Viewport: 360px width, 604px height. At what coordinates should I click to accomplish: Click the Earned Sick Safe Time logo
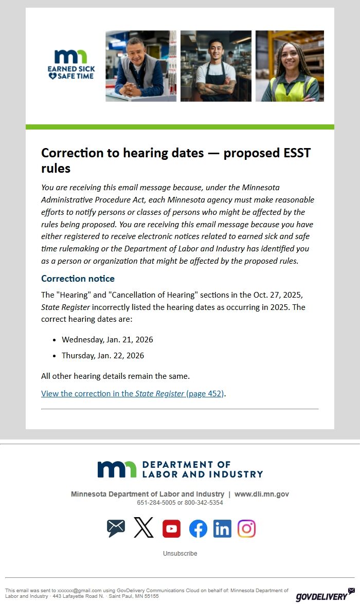[71, 64]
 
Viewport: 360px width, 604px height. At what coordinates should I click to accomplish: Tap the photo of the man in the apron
[215, 66]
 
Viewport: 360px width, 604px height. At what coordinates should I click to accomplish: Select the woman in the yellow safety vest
[290, 66]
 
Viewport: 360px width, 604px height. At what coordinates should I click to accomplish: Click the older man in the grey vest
[140, 66]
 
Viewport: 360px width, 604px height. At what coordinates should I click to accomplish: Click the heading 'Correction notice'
[78, 279]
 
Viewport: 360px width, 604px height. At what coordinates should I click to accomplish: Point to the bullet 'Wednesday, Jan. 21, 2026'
[107, 340]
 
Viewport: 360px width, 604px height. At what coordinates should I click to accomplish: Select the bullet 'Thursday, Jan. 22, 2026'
[103, 356]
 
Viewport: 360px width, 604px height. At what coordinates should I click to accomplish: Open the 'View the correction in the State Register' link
[133, 394]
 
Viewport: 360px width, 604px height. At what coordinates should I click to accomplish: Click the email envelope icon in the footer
[116, 528]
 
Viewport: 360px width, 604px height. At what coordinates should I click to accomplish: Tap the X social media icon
[143, 528]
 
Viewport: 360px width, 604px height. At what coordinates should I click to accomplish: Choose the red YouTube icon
[171, 528]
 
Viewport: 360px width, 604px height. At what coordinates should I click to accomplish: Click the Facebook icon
[198, 528]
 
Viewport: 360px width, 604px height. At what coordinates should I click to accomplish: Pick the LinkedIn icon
[222, 528]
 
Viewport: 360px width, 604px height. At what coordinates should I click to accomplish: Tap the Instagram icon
[247, 528]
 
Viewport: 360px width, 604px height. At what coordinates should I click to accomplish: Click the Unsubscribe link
[180, 554]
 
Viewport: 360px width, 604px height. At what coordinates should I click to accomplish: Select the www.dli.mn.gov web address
[262, 494]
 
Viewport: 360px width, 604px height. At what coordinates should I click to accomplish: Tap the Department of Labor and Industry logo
[180, 469]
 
